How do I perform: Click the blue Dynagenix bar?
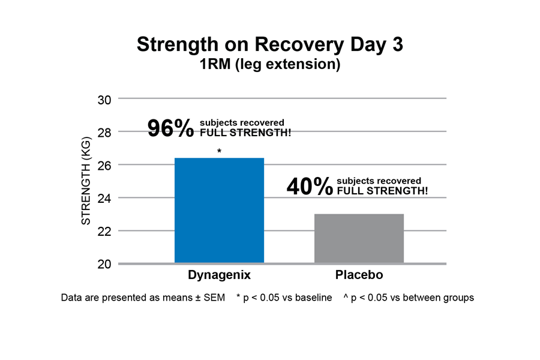(219, 210)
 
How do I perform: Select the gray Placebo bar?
(359, 238)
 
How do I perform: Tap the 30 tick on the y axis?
(104, 100)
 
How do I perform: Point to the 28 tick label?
(104, 133)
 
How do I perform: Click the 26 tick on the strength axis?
(104, 166)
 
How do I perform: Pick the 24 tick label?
(104, 199)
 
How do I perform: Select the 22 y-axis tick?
(104, 232)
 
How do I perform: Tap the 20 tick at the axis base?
(104, 265)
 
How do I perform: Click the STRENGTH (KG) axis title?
(86, 181)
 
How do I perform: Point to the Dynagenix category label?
(219, 276)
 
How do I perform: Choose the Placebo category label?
(358, 276)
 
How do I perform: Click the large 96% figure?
(171, 128)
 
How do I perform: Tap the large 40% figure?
(310, 187)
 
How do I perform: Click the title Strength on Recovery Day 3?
(269, 44)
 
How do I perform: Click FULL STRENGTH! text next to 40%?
(382, 191)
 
